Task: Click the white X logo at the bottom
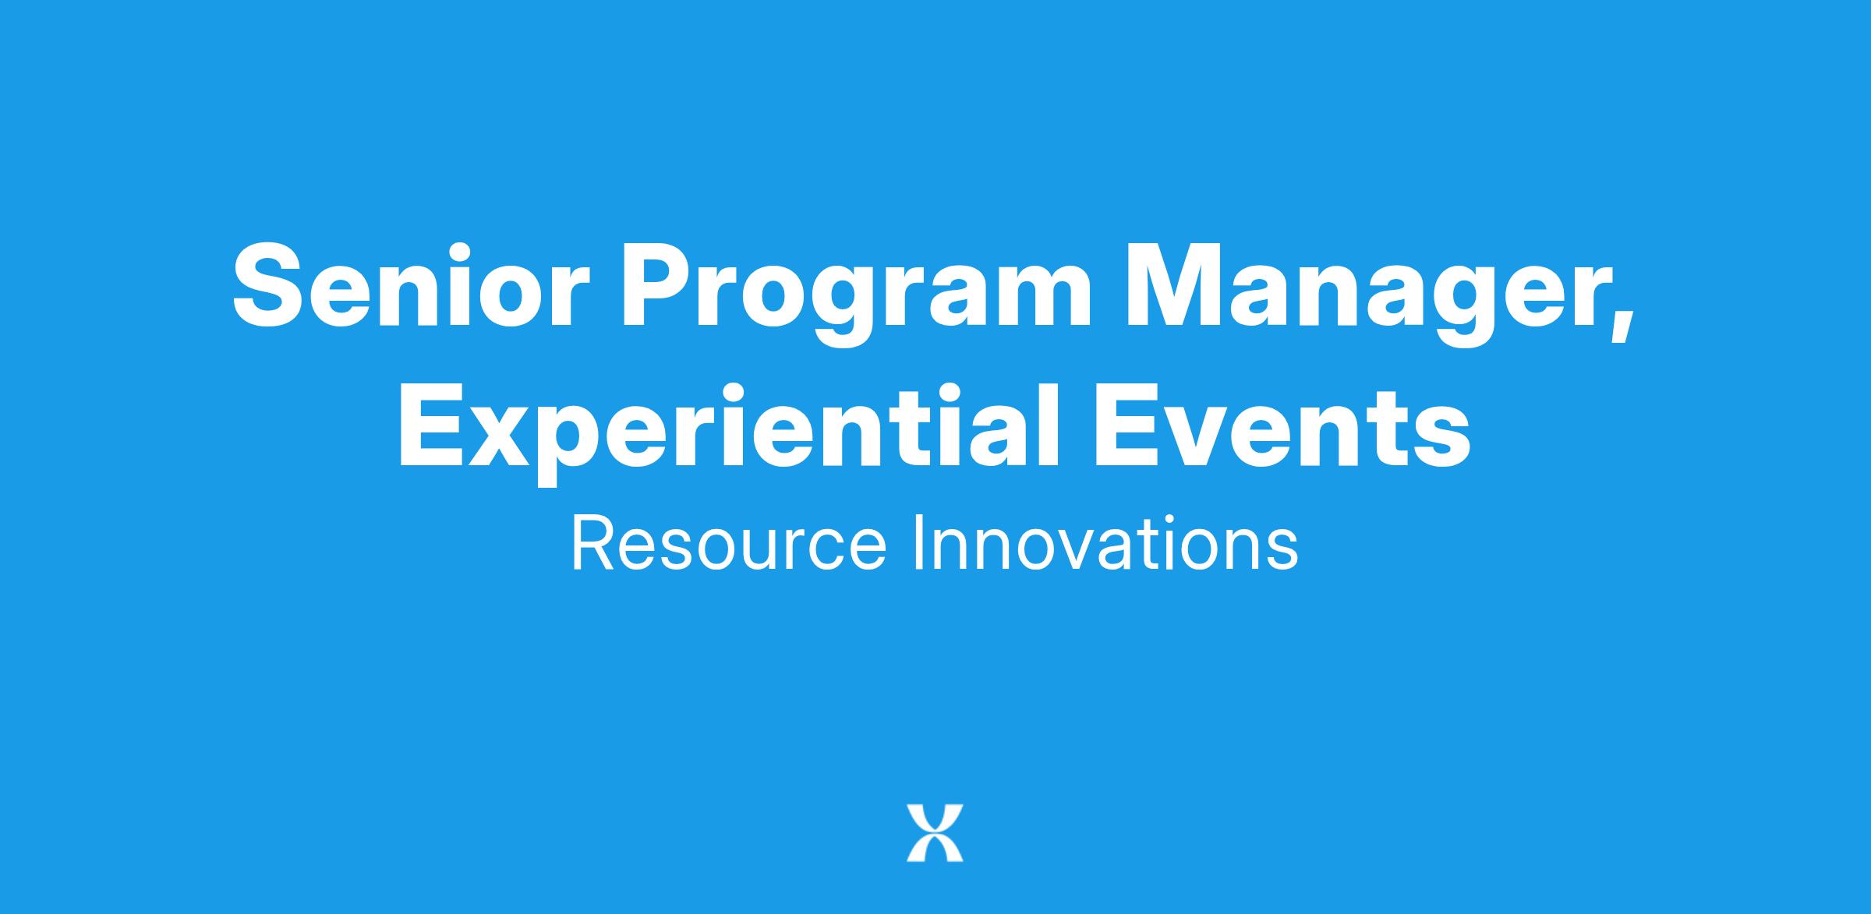[935, 833]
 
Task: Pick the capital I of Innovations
[917, 542]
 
